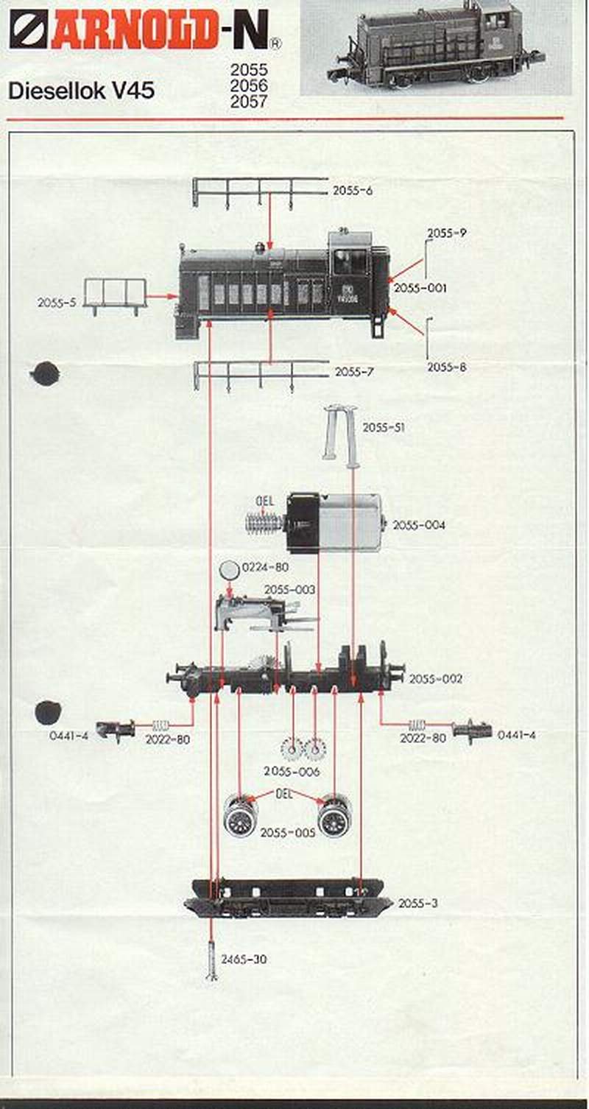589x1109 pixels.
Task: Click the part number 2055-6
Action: pos(352,191)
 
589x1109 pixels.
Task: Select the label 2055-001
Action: pos(420,289)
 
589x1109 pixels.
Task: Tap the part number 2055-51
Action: pos(383,428)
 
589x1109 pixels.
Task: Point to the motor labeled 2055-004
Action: pos(334,523)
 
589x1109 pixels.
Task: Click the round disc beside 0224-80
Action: pos(230,569)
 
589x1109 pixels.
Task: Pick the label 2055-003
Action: pos(289,590)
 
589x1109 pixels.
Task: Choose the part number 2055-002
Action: pos(436,679)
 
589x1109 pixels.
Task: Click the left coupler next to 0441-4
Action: pos(116,729)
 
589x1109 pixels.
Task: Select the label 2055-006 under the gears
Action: pos(292,771)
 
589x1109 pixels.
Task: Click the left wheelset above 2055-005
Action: pos(241,816)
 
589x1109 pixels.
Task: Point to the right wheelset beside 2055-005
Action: pos(334,816)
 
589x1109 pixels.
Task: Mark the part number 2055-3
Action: pos(418,903)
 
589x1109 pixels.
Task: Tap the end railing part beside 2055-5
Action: pos(114,295)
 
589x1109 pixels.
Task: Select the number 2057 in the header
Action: pos(249,103)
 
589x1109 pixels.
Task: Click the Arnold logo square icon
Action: pos(29,29)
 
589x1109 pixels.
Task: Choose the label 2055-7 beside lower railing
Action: pos(354,372)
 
